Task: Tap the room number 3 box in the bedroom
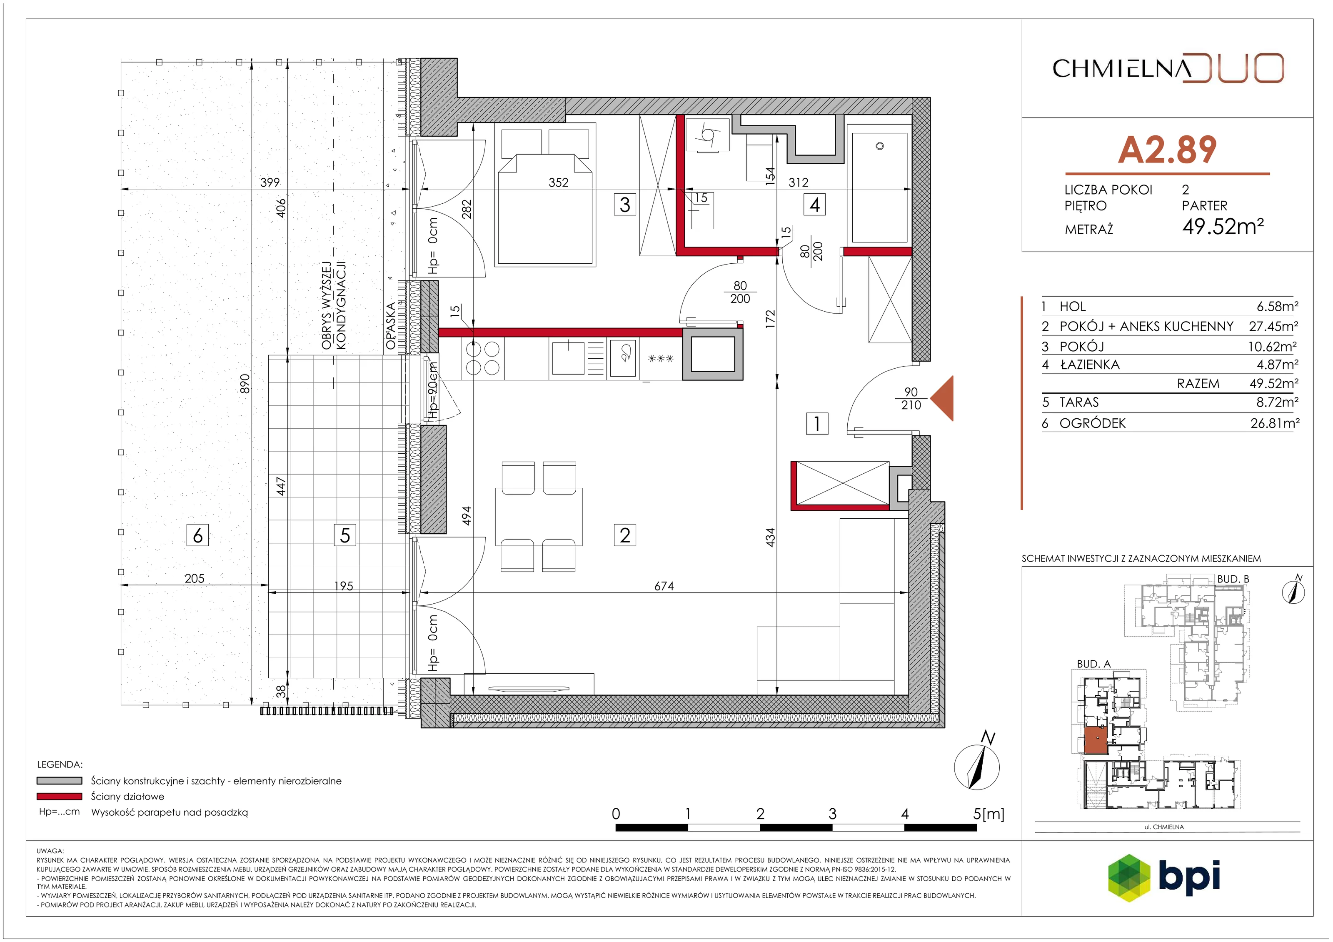click(x=625, y=205)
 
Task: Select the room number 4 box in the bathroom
click(x=814, y=205)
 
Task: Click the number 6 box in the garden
click(x=197, y=535)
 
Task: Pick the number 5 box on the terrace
click(x=345, y=535)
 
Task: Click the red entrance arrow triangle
click(x=942, y=398)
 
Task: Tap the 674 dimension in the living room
click(x=664, y=587)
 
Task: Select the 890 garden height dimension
click(x=245, y=384)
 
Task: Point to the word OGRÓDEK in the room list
click(x=1092, y=423)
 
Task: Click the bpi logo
click(x=1164, y=877)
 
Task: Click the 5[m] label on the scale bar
click(x=988, y=814)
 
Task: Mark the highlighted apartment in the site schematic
click(x=1096, y=740)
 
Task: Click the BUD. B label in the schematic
click(x=1233, y=579)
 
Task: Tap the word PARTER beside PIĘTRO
click(x=1205, y=205)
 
